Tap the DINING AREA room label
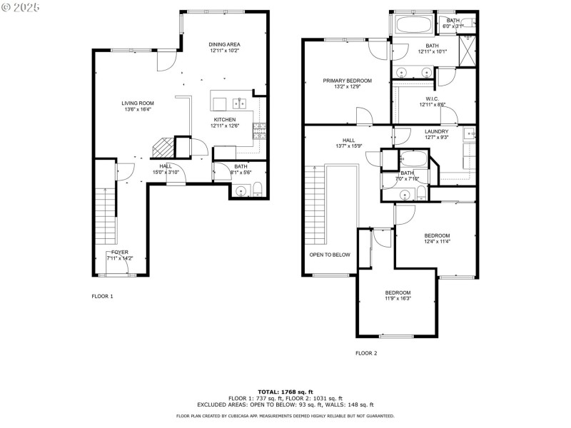[x=224, y=44]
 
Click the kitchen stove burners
[x=261, y=131]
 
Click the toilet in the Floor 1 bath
[x=258, y=190]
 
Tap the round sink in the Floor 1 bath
[x=241, y=190]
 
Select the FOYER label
[x=119, y=252]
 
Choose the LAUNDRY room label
[x=436, y=131]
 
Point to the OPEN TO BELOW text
[x=329, y=254]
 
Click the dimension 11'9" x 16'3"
[x=398, y=299]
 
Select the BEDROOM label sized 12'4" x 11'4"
[x=437, y=235]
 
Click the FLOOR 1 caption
[x=102, y=295]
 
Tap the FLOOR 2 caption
[x=366, y=352]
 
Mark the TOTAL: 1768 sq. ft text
[x=285, y=392]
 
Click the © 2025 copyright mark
[x=21, y=6]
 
